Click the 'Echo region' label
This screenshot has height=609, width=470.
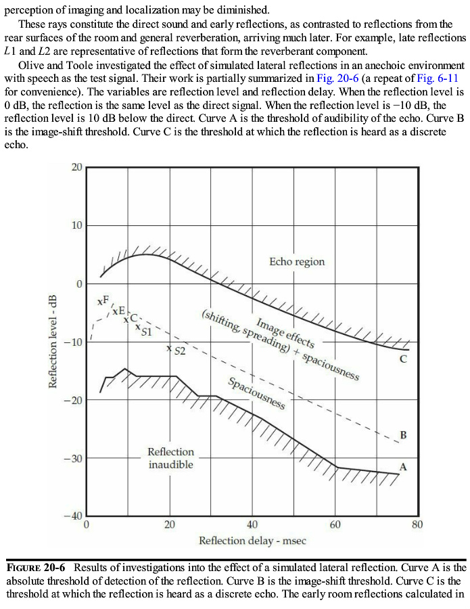[297, 262]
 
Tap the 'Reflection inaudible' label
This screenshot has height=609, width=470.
[170, 458]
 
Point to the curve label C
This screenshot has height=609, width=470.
[403, 359]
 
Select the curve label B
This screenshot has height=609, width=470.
[403, 434]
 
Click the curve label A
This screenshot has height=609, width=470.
[403, 467]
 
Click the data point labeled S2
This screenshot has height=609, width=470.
[169, 349]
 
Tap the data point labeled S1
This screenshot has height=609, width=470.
[138, 328]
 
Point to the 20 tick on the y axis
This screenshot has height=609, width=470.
[76, 167]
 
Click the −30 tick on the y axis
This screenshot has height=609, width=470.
[72, 459]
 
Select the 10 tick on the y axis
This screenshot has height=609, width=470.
[76, 225]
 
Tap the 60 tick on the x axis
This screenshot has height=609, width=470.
[335, 524]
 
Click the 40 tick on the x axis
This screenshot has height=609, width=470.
[252, 524]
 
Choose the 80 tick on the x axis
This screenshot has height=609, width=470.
[417, 524]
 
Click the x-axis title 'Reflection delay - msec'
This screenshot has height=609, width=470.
[252, 541]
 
